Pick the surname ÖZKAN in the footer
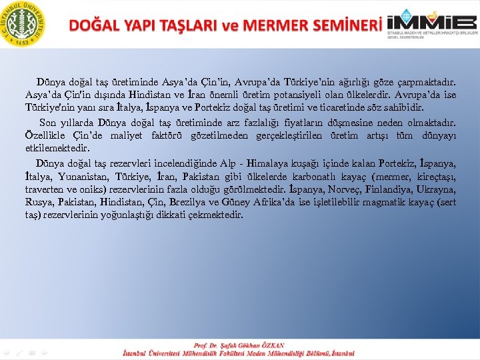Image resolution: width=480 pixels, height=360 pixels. click(x=271, y=345)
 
